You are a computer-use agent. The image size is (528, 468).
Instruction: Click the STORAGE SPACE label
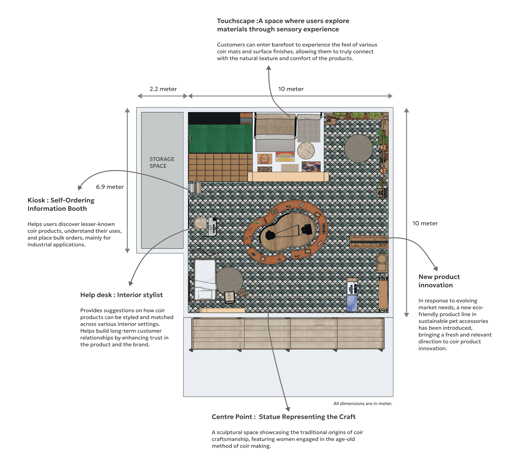tap(162, 162)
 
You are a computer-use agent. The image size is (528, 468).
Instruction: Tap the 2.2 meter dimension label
tap(163, 89)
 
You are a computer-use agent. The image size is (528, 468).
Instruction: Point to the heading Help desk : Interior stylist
tap(121, 295)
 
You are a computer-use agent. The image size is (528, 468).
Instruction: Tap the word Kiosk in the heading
tap(36, 200)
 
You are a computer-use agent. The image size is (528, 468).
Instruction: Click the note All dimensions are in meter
tap(362, 403)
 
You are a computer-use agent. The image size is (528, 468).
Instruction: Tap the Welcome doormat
tap(264, 159)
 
